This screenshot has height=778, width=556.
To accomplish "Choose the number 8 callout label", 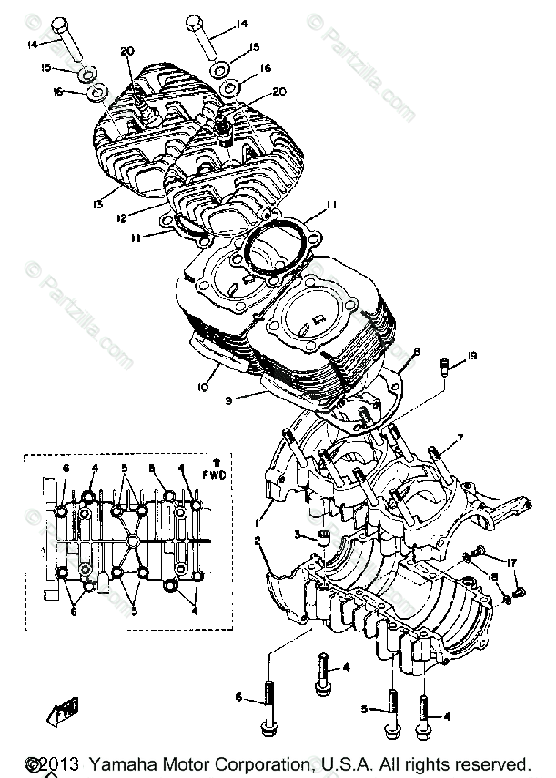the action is click(x=417, y=351).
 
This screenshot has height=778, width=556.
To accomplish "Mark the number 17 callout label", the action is click(x=512, y=562).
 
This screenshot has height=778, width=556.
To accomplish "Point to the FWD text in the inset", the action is click(x=216, y=475).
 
